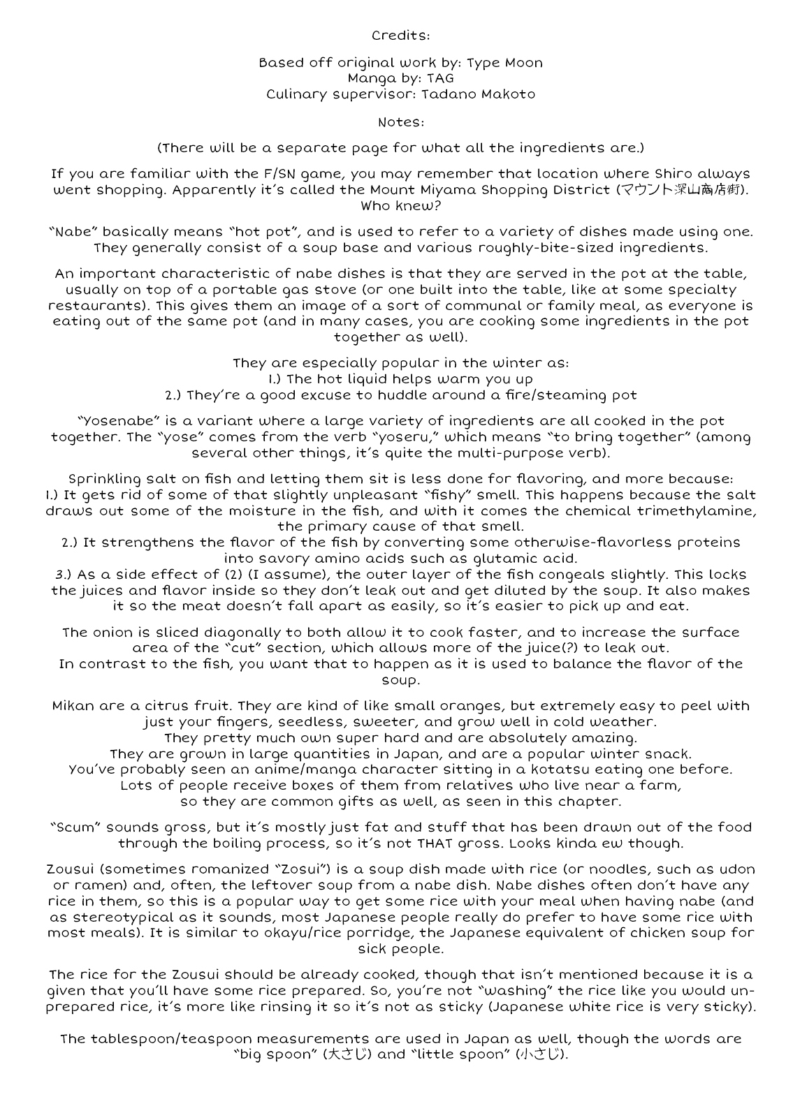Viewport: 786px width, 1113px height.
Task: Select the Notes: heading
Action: tap(400, 122)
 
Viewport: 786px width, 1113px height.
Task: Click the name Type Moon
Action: tap(504, 63)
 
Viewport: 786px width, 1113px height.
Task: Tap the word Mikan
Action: tap(74, 706)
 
